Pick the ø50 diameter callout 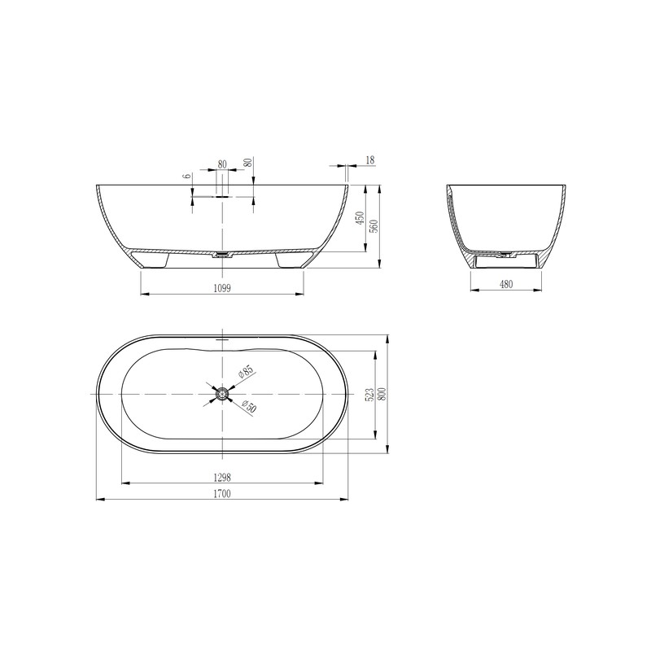248,407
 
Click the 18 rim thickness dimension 370,161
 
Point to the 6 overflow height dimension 186,176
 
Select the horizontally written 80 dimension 222,164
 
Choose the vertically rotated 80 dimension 247,162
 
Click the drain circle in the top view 222,394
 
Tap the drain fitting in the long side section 221,255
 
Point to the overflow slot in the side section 222,195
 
